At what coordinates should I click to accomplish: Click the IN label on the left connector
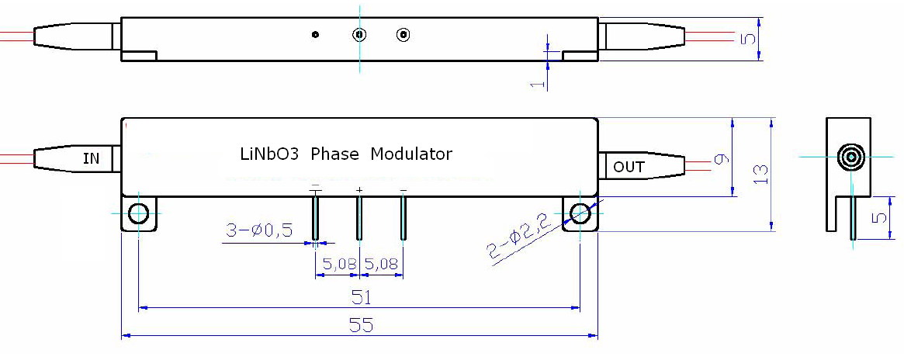[x=91, y=158]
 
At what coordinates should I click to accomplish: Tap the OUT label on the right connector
[x=629, y=167]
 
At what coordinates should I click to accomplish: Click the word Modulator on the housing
[x=411, y=154]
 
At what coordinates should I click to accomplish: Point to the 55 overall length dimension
[x=361, y=326]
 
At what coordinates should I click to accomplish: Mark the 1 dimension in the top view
[x=536, y=84]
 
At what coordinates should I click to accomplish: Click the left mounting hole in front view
[x=138, y=213]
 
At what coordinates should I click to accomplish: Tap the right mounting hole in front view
[x=580, y=213]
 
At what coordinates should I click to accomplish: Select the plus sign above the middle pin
[x=359, y=189]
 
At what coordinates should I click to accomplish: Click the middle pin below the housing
[x=358, y=218]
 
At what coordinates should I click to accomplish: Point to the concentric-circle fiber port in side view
[x=851, y=157]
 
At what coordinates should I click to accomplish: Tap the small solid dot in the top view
[x=315, y=35]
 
